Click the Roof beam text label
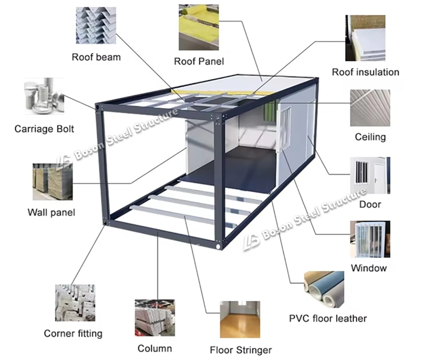click(x=96, y=57)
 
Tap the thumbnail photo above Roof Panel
click(x=199, y=27)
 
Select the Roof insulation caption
click(x=365, y=72)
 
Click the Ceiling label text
click(x=370, y=137)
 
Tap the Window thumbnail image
click(x=370, y=239)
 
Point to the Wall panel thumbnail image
click(x=52, y=182)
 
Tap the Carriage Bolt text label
click(x=44, y=129)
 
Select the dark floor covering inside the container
click(x=229, y=167)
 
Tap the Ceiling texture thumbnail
click(x=370, y=108)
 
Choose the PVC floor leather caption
click(x=328, y=318)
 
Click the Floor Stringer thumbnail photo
click(x=240, y=319)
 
